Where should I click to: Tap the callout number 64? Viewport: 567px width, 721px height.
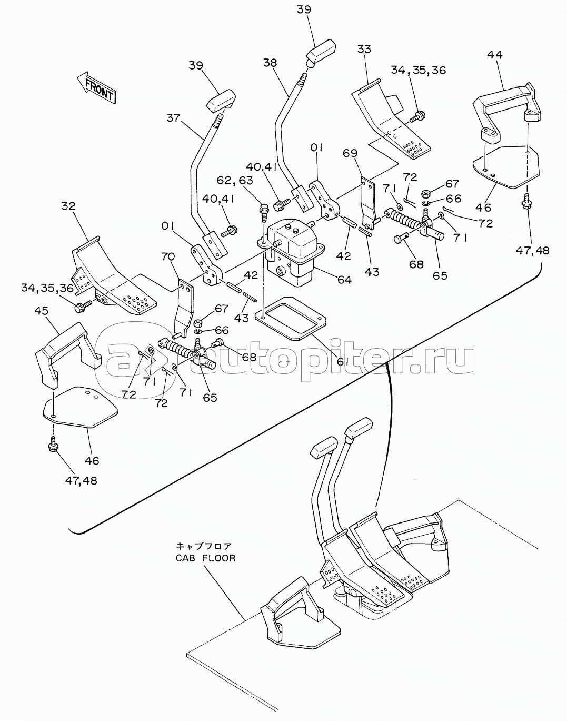pos(344,279)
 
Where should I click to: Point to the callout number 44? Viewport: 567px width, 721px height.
pos(495,55)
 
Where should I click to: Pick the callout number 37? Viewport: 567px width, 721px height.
pos(173,118)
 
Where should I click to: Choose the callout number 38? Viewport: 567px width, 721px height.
pos(271,63)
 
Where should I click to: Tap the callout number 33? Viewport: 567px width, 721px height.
pos(364,50)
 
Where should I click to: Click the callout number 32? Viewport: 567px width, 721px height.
pos(68,206)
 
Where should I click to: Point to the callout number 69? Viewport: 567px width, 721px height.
pos(350,153)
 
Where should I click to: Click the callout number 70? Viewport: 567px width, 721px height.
pos(168,256)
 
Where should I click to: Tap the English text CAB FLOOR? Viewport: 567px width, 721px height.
pos(206,558)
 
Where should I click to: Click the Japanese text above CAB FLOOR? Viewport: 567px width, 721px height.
pos(204,547)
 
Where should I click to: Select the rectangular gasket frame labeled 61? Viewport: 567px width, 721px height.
pos(290,318)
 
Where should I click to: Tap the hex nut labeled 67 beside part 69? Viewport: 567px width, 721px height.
pos(426,194)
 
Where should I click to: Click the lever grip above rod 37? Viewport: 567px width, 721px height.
pos(221,101)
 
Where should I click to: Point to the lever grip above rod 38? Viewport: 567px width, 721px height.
pos(321,53)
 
